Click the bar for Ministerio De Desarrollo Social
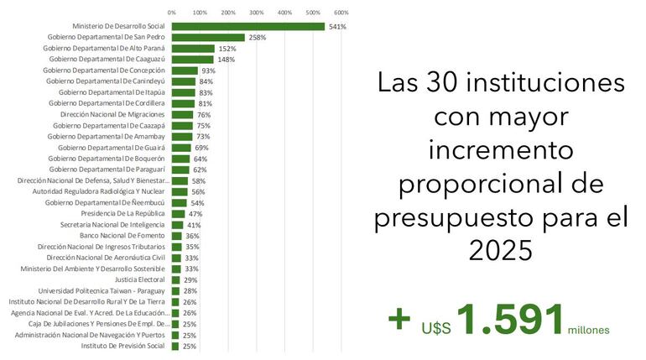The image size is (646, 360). coord(248,27)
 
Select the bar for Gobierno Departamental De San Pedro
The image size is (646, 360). coord(208,38)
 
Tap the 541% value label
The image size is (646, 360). coord(337,27)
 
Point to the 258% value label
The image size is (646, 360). coord(258,38)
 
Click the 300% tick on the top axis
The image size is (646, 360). coord(257,13)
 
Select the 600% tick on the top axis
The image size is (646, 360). coord(341,13)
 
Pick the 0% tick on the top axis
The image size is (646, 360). coord(172,13)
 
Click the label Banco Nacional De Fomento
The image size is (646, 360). coord(128,236)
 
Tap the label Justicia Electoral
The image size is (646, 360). coord(140,279)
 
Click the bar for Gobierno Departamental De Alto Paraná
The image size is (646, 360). coord(193,49)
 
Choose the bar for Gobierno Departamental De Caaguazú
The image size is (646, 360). coord(192,60)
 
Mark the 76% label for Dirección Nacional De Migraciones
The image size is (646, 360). coord(204,115)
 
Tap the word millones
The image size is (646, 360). coord(589,331)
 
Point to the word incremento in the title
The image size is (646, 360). coord(501,151)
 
